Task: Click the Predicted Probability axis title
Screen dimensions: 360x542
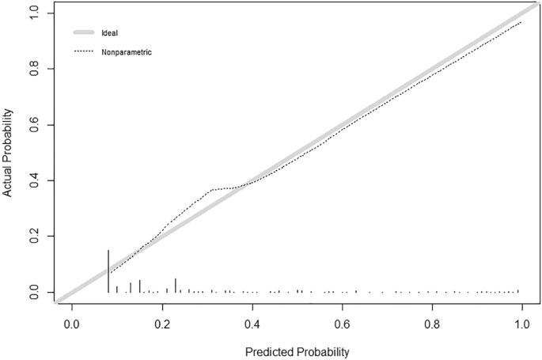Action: (297, 351)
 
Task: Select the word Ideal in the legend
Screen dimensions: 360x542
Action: (112, 32)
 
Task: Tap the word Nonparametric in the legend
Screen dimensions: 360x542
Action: (127, 52)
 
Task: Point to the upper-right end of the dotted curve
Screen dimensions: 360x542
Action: (521, 23)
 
